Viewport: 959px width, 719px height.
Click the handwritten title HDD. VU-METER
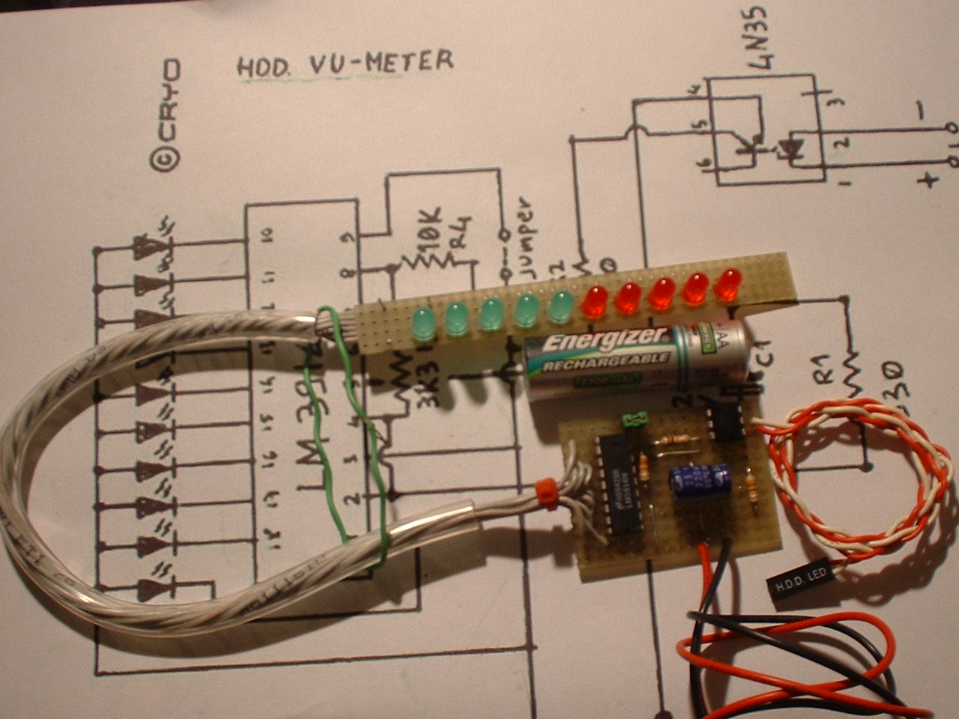click(x=345, y=64)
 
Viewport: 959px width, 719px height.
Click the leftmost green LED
click(x=423, y=323)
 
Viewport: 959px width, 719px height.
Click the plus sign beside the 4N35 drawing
click(x=928, y=179)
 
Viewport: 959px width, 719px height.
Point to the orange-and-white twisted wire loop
click(x=854, y=479)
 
